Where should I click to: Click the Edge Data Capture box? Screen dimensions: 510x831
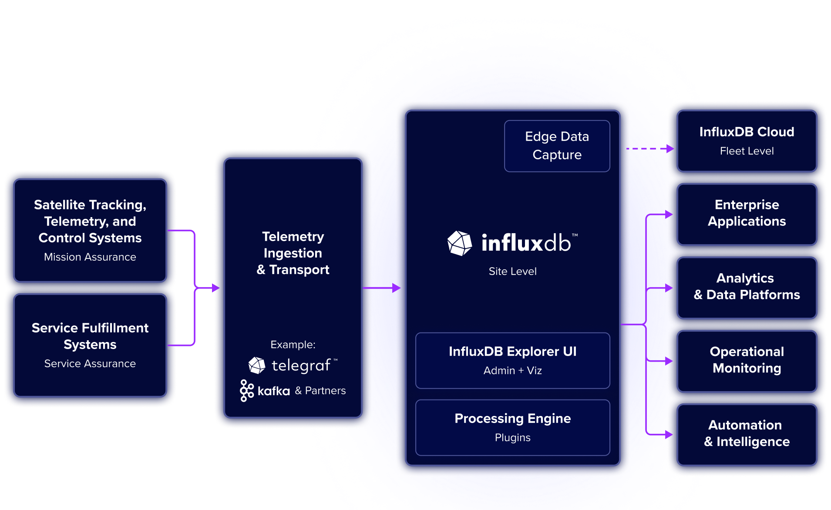click(x=557, y=146)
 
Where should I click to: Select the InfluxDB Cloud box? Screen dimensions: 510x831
click(x=747, y=141)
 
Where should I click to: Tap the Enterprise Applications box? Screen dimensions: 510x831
click(x=747, y=214)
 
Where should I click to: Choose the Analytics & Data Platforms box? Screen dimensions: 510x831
click(x=747, y=287)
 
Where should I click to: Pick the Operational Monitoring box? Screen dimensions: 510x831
click(x=747, y=360)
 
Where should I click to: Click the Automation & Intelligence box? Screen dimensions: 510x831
click(x=747, y=434)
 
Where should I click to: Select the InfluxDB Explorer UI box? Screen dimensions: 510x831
click(x=512, y=360)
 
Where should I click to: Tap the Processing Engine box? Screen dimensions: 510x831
click(x=512, y=427)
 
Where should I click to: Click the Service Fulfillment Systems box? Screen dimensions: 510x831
click(x=90, y=345)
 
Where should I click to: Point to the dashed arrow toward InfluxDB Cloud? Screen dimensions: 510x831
click(x=649, y=149)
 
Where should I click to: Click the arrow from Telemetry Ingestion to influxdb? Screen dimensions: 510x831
click(x=381, y=288)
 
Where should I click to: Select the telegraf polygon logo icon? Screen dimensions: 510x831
click(x=257, y=366)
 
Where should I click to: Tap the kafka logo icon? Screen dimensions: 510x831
click(x=247, y=390)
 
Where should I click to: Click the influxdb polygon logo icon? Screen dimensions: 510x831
click(x=460, y=243)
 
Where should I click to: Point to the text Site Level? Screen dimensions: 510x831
click(x=512, y=272)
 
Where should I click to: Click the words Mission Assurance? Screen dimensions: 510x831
click(x=90, y=257)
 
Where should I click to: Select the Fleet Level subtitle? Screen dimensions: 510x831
click(x=747, y=151)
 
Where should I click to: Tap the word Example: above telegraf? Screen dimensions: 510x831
click(x=293, y=345)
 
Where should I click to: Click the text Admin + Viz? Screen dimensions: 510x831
click(x=512, y=371)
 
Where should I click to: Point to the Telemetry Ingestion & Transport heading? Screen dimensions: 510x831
click(x=293, y=253)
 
